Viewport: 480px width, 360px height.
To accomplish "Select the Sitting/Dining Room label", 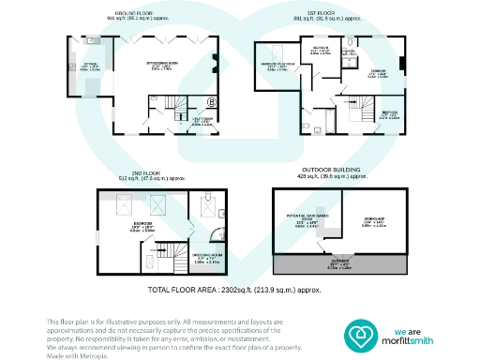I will coord(157,67).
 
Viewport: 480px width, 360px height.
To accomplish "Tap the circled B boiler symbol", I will coord(212,101).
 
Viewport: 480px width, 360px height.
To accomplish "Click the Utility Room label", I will coord(202,120).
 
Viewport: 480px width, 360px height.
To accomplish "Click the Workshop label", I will coord(374,223).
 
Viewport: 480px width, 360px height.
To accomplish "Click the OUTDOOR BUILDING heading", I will coord(341,171).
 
